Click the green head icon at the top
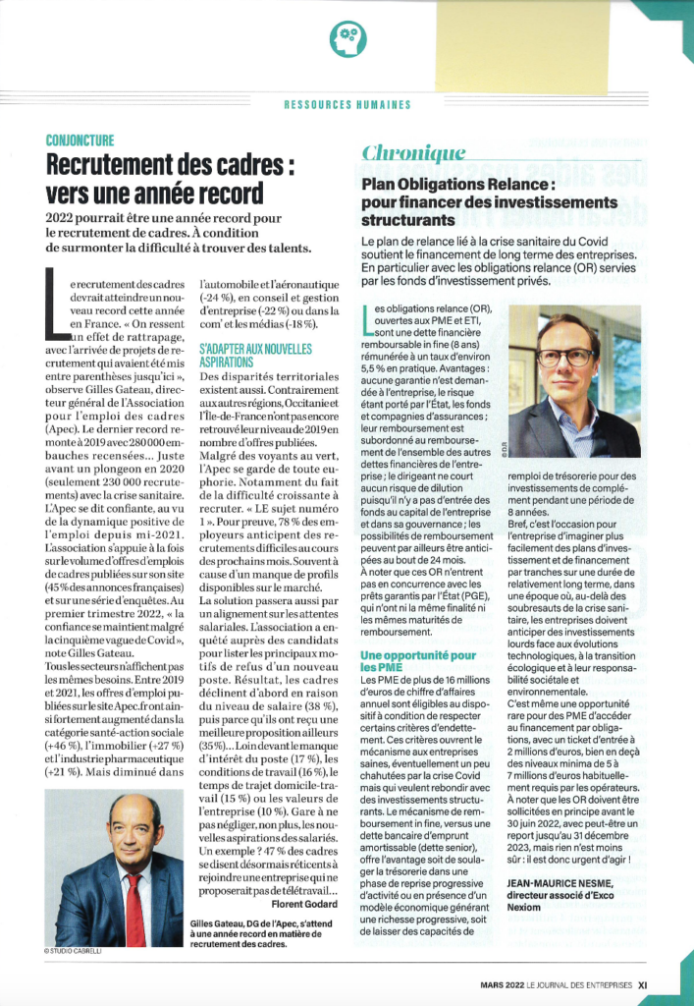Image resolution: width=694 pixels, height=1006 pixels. pyautogui.click(x=346, y=39)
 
